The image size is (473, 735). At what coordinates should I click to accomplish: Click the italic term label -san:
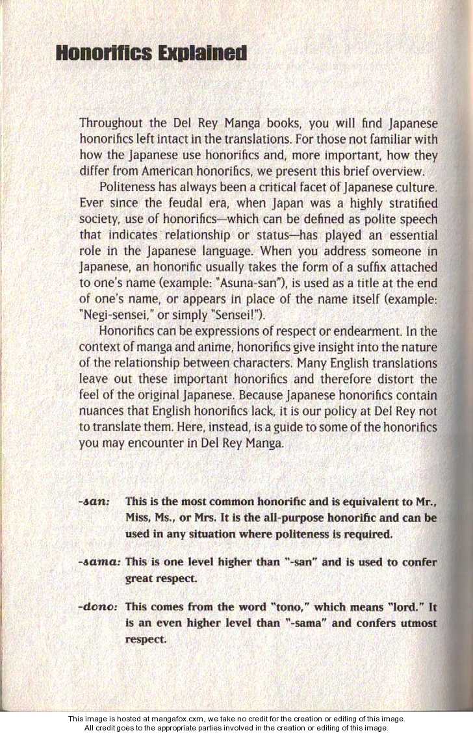tap(96, 502)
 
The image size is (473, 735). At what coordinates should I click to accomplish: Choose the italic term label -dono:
tap(99, 607)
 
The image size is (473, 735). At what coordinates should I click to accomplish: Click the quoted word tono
tap(287, 607)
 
